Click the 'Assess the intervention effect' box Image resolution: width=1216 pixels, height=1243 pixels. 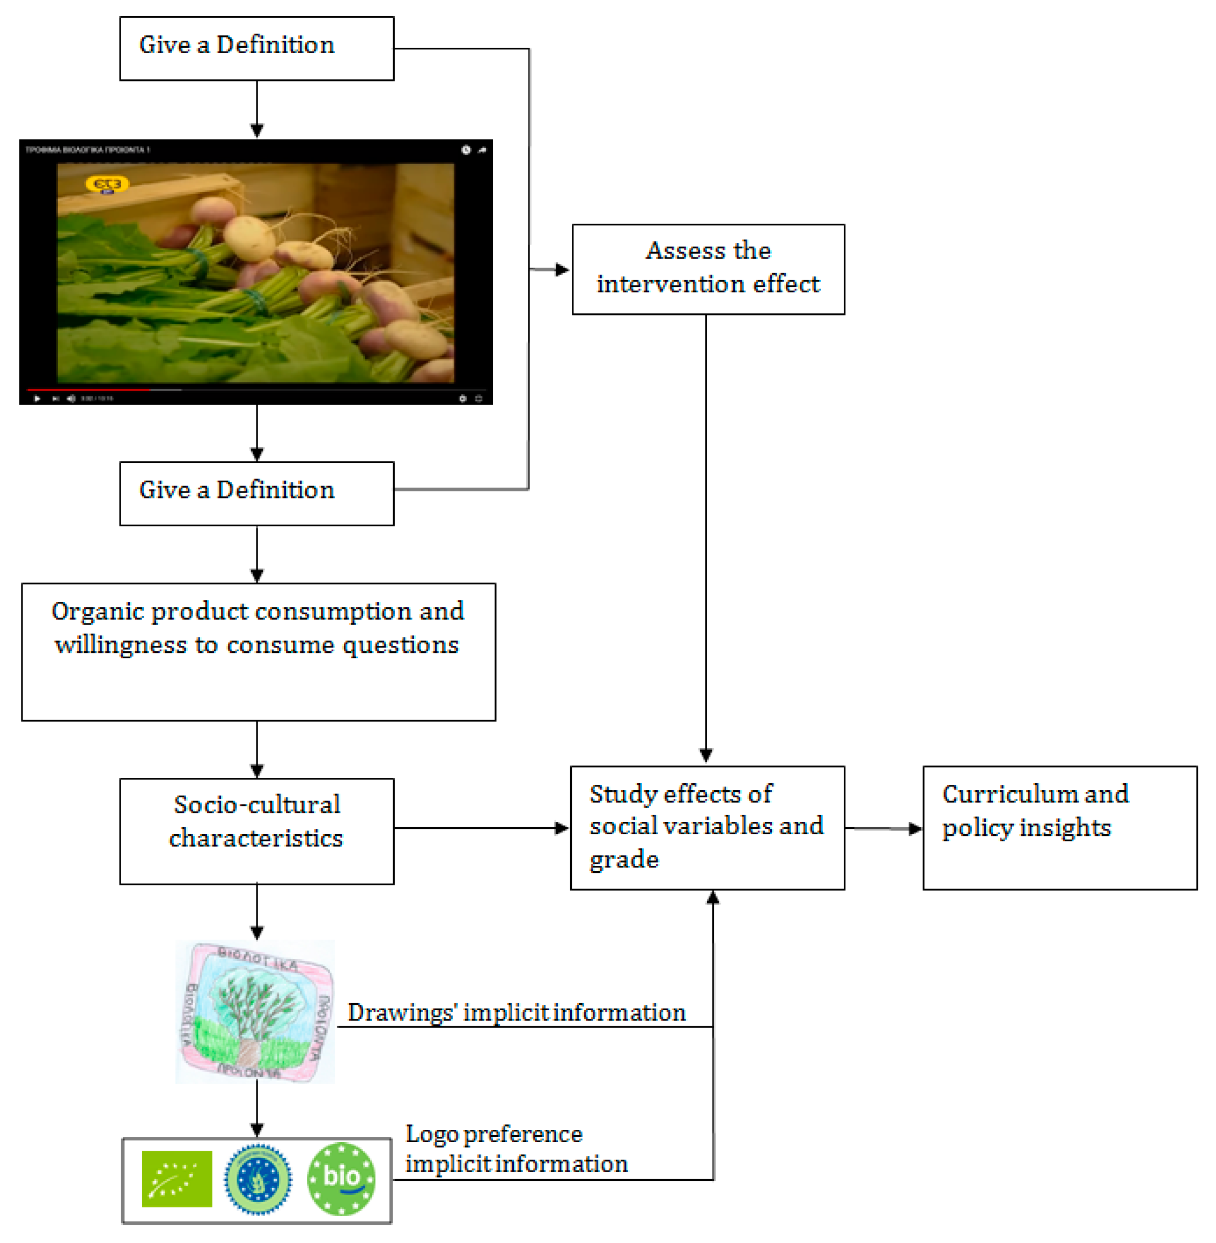[708, 269]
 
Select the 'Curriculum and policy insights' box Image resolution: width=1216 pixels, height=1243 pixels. [1059, 827]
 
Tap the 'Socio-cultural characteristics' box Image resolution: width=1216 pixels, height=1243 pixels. [257, 830]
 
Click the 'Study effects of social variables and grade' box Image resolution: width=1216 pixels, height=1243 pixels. [707, 827]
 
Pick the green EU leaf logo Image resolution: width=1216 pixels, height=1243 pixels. [176, 1179]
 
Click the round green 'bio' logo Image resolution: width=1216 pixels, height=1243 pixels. [341, 1179]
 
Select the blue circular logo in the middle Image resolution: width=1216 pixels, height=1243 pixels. [257, 1179]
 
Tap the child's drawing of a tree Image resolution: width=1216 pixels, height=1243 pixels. [255, 1011]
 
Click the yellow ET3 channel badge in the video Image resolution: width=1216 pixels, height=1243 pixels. [107, 184]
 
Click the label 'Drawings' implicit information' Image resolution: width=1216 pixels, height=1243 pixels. [516, 1012]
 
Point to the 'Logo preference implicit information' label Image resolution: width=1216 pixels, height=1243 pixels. [516, 1149]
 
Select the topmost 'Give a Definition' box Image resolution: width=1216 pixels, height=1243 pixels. [257, 48]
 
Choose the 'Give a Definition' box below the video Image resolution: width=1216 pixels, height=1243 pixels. [257, 493]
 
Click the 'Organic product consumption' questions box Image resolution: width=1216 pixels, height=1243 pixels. [258, 651]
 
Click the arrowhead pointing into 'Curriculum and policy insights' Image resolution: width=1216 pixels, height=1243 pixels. [915, 828]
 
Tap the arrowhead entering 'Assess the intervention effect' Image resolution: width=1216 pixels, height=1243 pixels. [562, 269]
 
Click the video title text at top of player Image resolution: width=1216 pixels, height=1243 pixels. [87, 150]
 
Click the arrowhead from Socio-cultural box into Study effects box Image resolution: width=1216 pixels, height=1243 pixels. [562, 828]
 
